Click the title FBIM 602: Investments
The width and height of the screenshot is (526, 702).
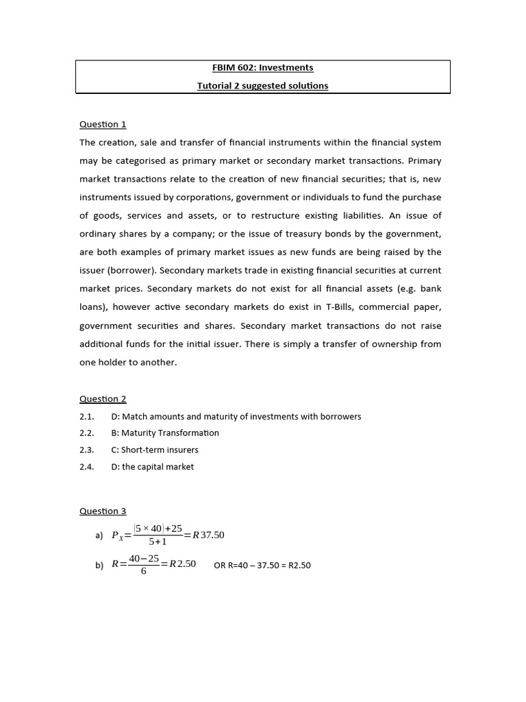262,68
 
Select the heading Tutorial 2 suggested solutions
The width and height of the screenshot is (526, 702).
262,86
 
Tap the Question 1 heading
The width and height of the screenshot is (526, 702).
103,124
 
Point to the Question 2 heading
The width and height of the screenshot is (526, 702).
103,399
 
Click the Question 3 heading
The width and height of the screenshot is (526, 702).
103,511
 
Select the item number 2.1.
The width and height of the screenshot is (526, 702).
86,417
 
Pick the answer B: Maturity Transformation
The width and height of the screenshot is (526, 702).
165,433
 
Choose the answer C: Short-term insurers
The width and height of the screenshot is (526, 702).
160,450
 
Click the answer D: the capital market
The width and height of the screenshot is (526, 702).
152,467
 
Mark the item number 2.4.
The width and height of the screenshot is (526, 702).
86,467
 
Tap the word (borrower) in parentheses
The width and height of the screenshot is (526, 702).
129,271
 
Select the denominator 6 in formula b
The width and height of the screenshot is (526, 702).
143,571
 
